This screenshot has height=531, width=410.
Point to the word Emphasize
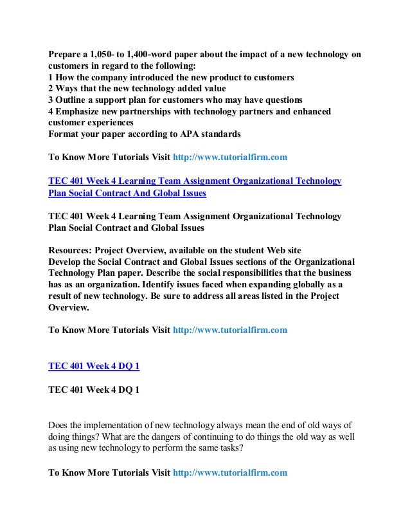[81, 111]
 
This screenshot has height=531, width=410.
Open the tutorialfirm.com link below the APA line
[230, 156]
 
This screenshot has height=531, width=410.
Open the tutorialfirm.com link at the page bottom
[230, 473]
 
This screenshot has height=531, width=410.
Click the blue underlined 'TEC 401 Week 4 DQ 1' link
[94, 366]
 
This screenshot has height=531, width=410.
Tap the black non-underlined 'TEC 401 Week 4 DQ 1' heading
[94, 389]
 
